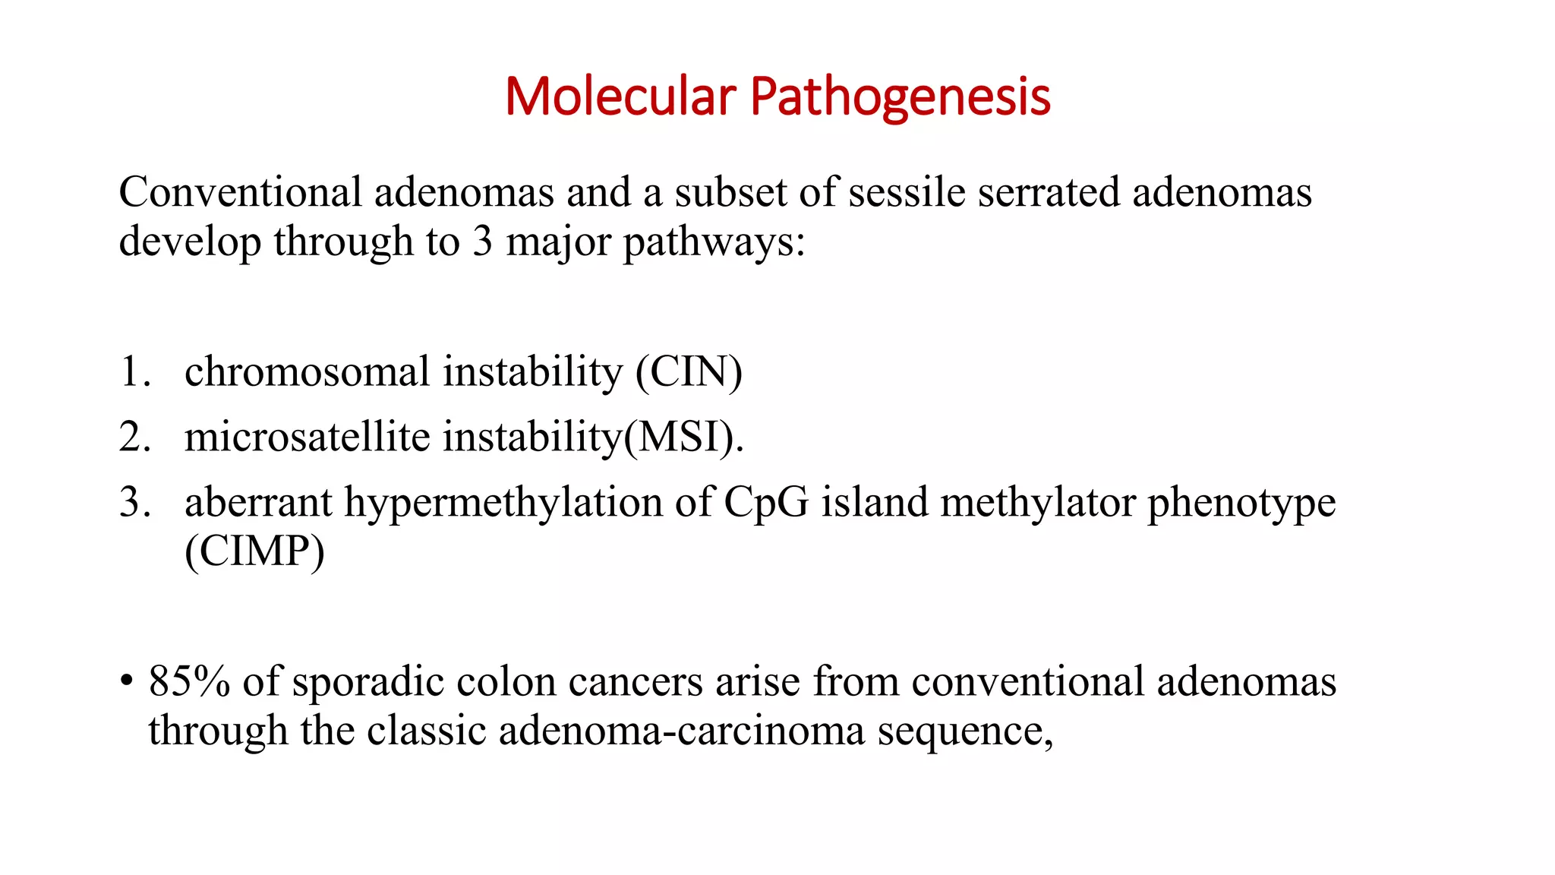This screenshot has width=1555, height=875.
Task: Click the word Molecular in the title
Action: [620, 96]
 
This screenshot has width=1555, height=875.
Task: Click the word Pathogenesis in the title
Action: [901, 98]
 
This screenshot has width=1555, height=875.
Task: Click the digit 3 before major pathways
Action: [483, 242]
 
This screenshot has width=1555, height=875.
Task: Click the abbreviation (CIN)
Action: [689, 372]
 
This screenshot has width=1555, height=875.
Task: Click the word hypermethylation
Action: [503, 504]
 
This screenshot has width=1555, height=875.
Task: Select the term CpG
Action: [765, 504]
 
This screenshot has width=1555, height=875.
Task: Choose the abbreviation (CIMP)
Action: [254, 551]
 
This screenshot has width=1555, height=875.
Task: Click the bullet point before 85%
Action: [127, 681]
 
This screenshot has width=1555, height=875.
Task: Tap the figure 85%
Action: [189, 681]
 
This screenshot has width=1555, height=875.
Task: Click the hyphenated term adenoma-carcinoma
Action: [681, 731]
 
